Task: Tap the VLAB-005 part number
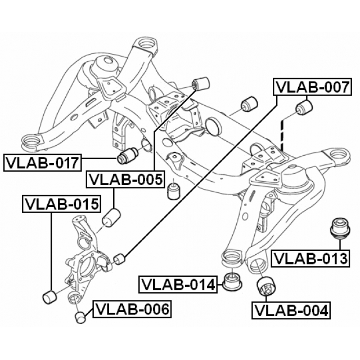(125, 180)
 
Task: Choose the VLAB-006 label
(132, 309)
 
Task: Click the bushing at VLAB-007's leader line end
(119, 259)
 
